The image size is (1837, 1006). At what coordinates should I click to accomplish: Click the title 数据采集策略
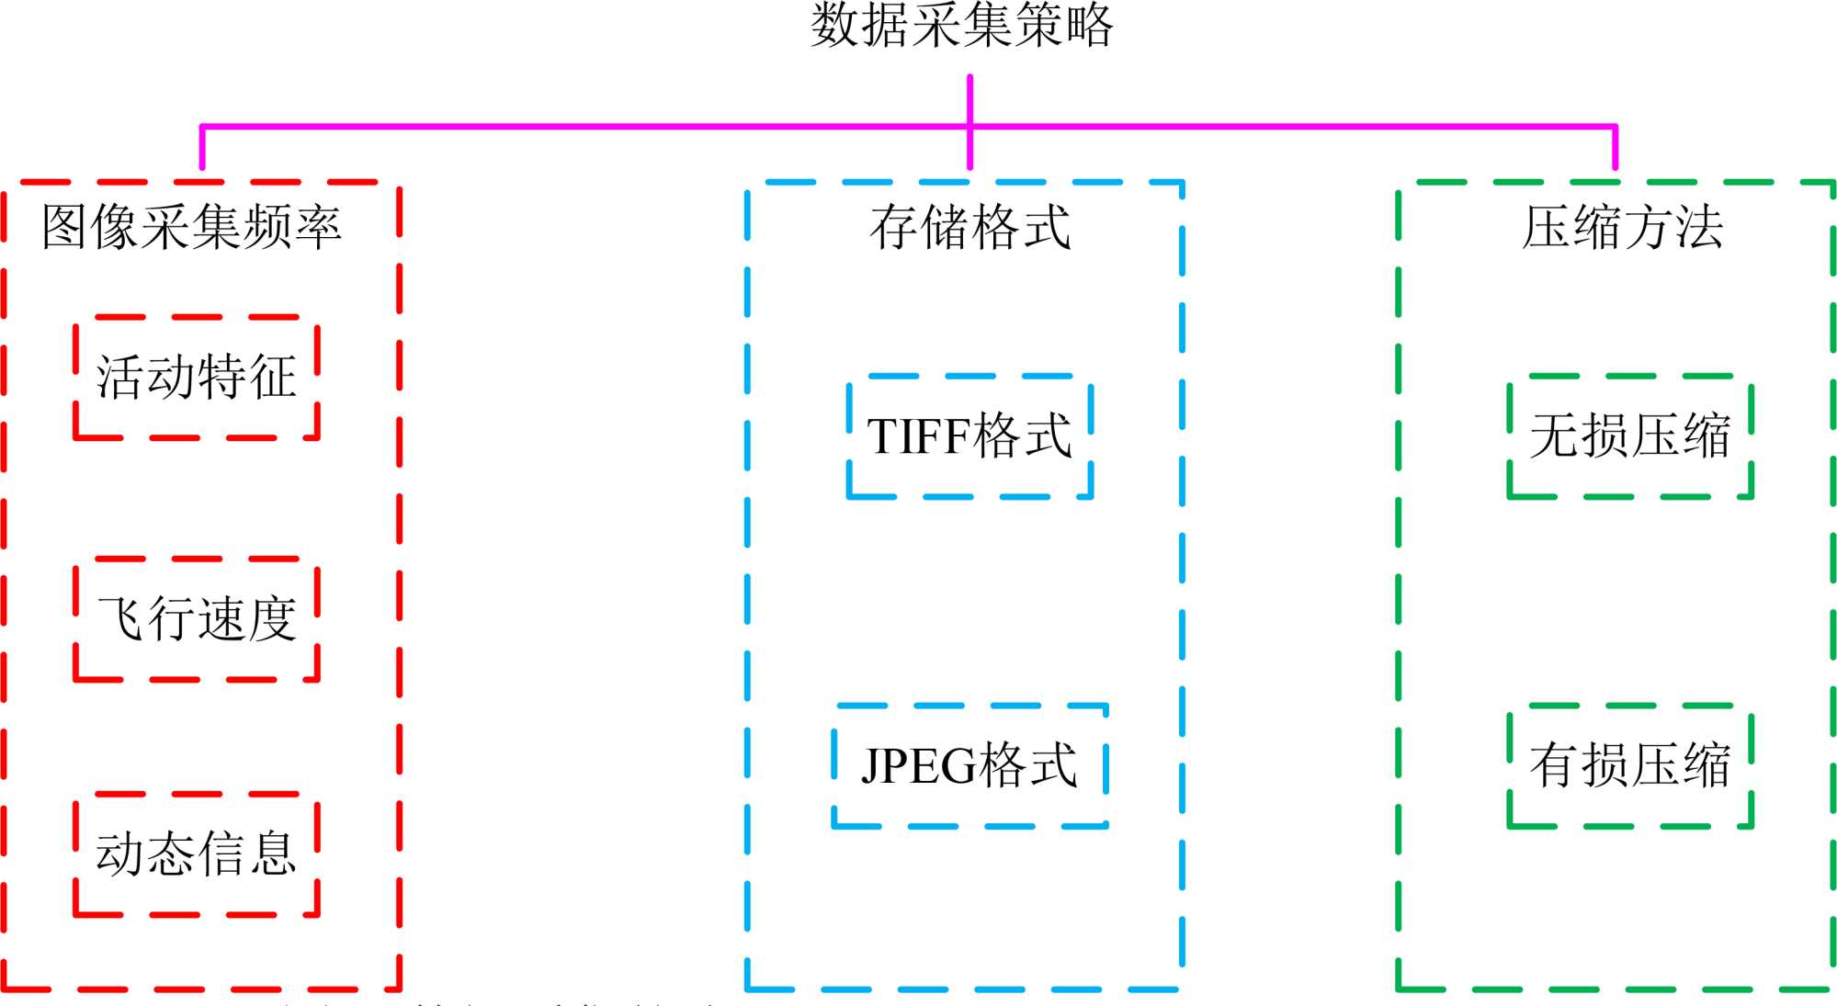click(x=961, y=26)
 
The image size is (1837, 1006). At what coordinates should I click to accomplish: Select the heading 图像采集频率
click(x=191, y=227)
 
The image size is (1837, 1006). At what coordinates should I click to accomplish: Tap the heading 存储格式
click(x=970, y=227)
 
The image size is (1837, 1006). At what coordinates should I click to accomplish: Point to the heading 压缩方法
click(x=1622, y=227)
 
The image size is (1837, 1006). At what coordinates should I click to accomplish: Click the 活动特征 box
click(x=197, y=378)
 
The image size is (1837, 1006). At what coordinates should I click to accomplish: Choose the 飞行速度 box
click(x=197, y=619)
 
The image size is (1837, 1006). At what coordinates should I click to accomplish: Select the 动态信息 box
click(x=197, y=854)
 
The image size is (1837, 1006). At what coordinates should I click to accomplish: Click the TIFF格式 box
click(x=970, y=436)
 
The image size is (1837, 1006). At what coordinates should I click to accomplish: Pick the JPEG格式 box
click(x=970, y=765)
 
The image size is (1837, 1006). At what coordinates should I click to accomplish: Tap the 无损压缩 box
click(x=1630, y=436)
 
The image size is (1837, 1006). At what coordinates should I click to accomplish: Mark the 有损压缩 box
click(x=1630, y=765)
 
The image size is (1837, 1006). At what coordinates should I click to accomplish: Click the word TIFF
click(x=918, y=437)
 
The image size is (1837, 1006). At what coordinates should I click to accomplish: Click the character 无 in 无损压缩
click(x=1555, y=436)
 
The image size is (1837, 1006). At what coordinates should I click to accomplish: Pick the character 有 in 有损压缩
click(x=1555, y=765)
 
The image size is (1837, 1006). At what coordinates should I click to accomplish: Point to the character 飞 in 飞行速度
click(x=121, y=619)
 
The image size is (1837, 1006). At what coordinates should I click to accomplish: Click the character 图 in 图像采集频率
click(x=65, y=227)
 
